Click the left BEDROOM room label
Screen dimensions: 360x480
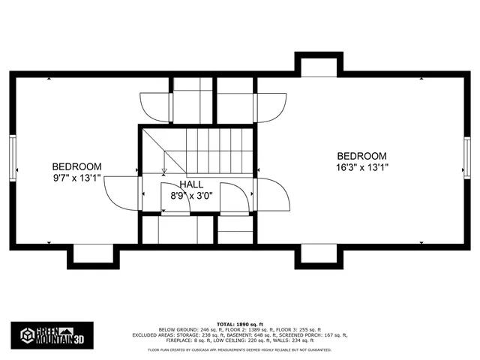76,166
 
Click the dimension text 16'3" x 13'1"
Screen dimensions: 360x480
362,168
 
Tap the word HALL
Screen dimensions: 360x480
191,184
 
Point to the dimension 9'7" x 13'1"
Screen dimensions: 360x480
76,178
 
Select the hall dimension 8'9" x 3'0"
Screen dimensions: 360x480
192,196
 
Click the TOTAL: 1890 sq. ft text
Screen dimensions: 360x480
240,323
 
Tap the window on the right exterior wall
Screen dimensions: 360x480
467,157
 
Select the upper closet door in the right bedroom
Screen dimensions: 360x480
271,106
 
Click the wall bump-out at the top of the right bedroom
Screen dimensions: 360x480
319,66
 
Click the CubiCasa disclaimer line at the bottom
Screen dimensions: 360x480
240,349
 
